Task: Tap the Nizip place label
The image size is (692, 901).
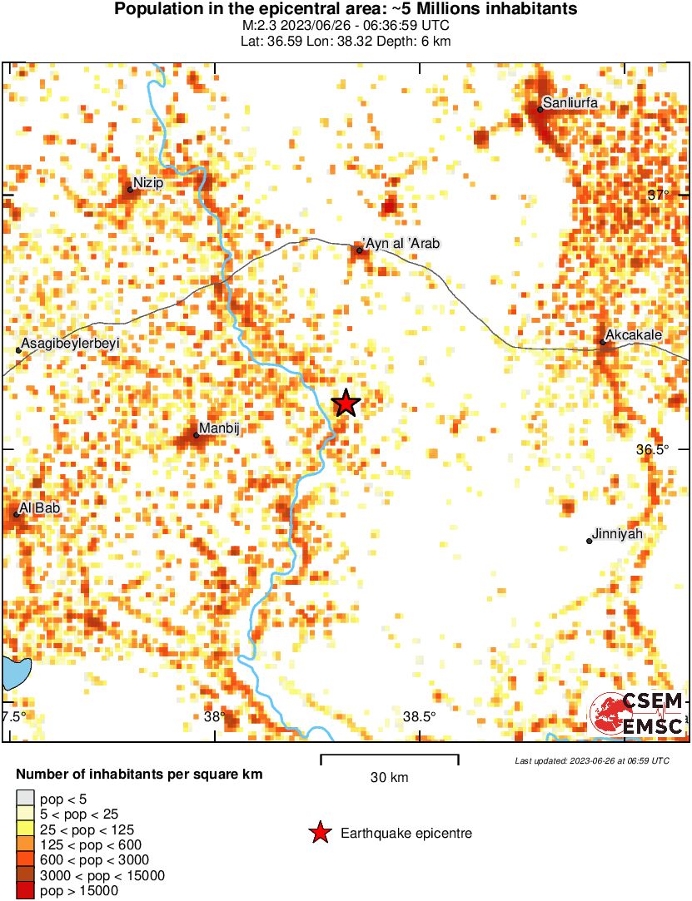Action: [148, 183]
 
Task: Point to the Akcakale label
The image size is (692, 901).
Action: [634, 335]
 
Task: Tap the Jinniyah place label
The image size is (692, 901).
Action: [618, 534]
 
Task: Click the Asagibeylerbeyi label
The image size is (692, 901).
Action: [71, 343]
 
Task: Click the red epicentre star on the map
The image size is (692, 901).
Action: [346, 403]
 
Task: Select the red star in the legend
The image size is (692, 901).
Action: [319, 833]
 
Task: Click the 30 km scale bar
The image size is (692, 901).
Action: [390, 756]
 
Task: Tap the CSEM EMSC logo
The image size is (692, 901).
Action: [637, 714]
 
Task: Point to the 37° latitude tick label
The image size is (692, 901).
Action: [659, 195]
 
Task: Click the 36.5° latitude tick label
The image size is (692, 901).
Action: [653, 449]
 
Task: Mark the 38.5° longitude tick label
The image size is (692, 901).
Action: [419, 717]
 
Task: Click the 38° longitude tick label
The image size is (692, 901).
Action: [214, 717]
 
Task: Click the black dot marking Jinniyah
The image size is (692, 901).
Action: [590, 541]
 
